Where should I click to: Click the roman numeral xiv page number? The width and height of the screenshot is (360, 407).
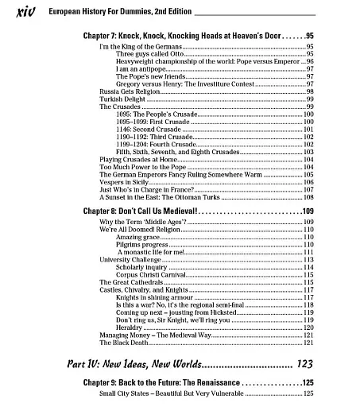20,13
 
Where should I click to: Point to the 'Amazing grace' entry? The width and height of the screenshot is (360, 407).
138,237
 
